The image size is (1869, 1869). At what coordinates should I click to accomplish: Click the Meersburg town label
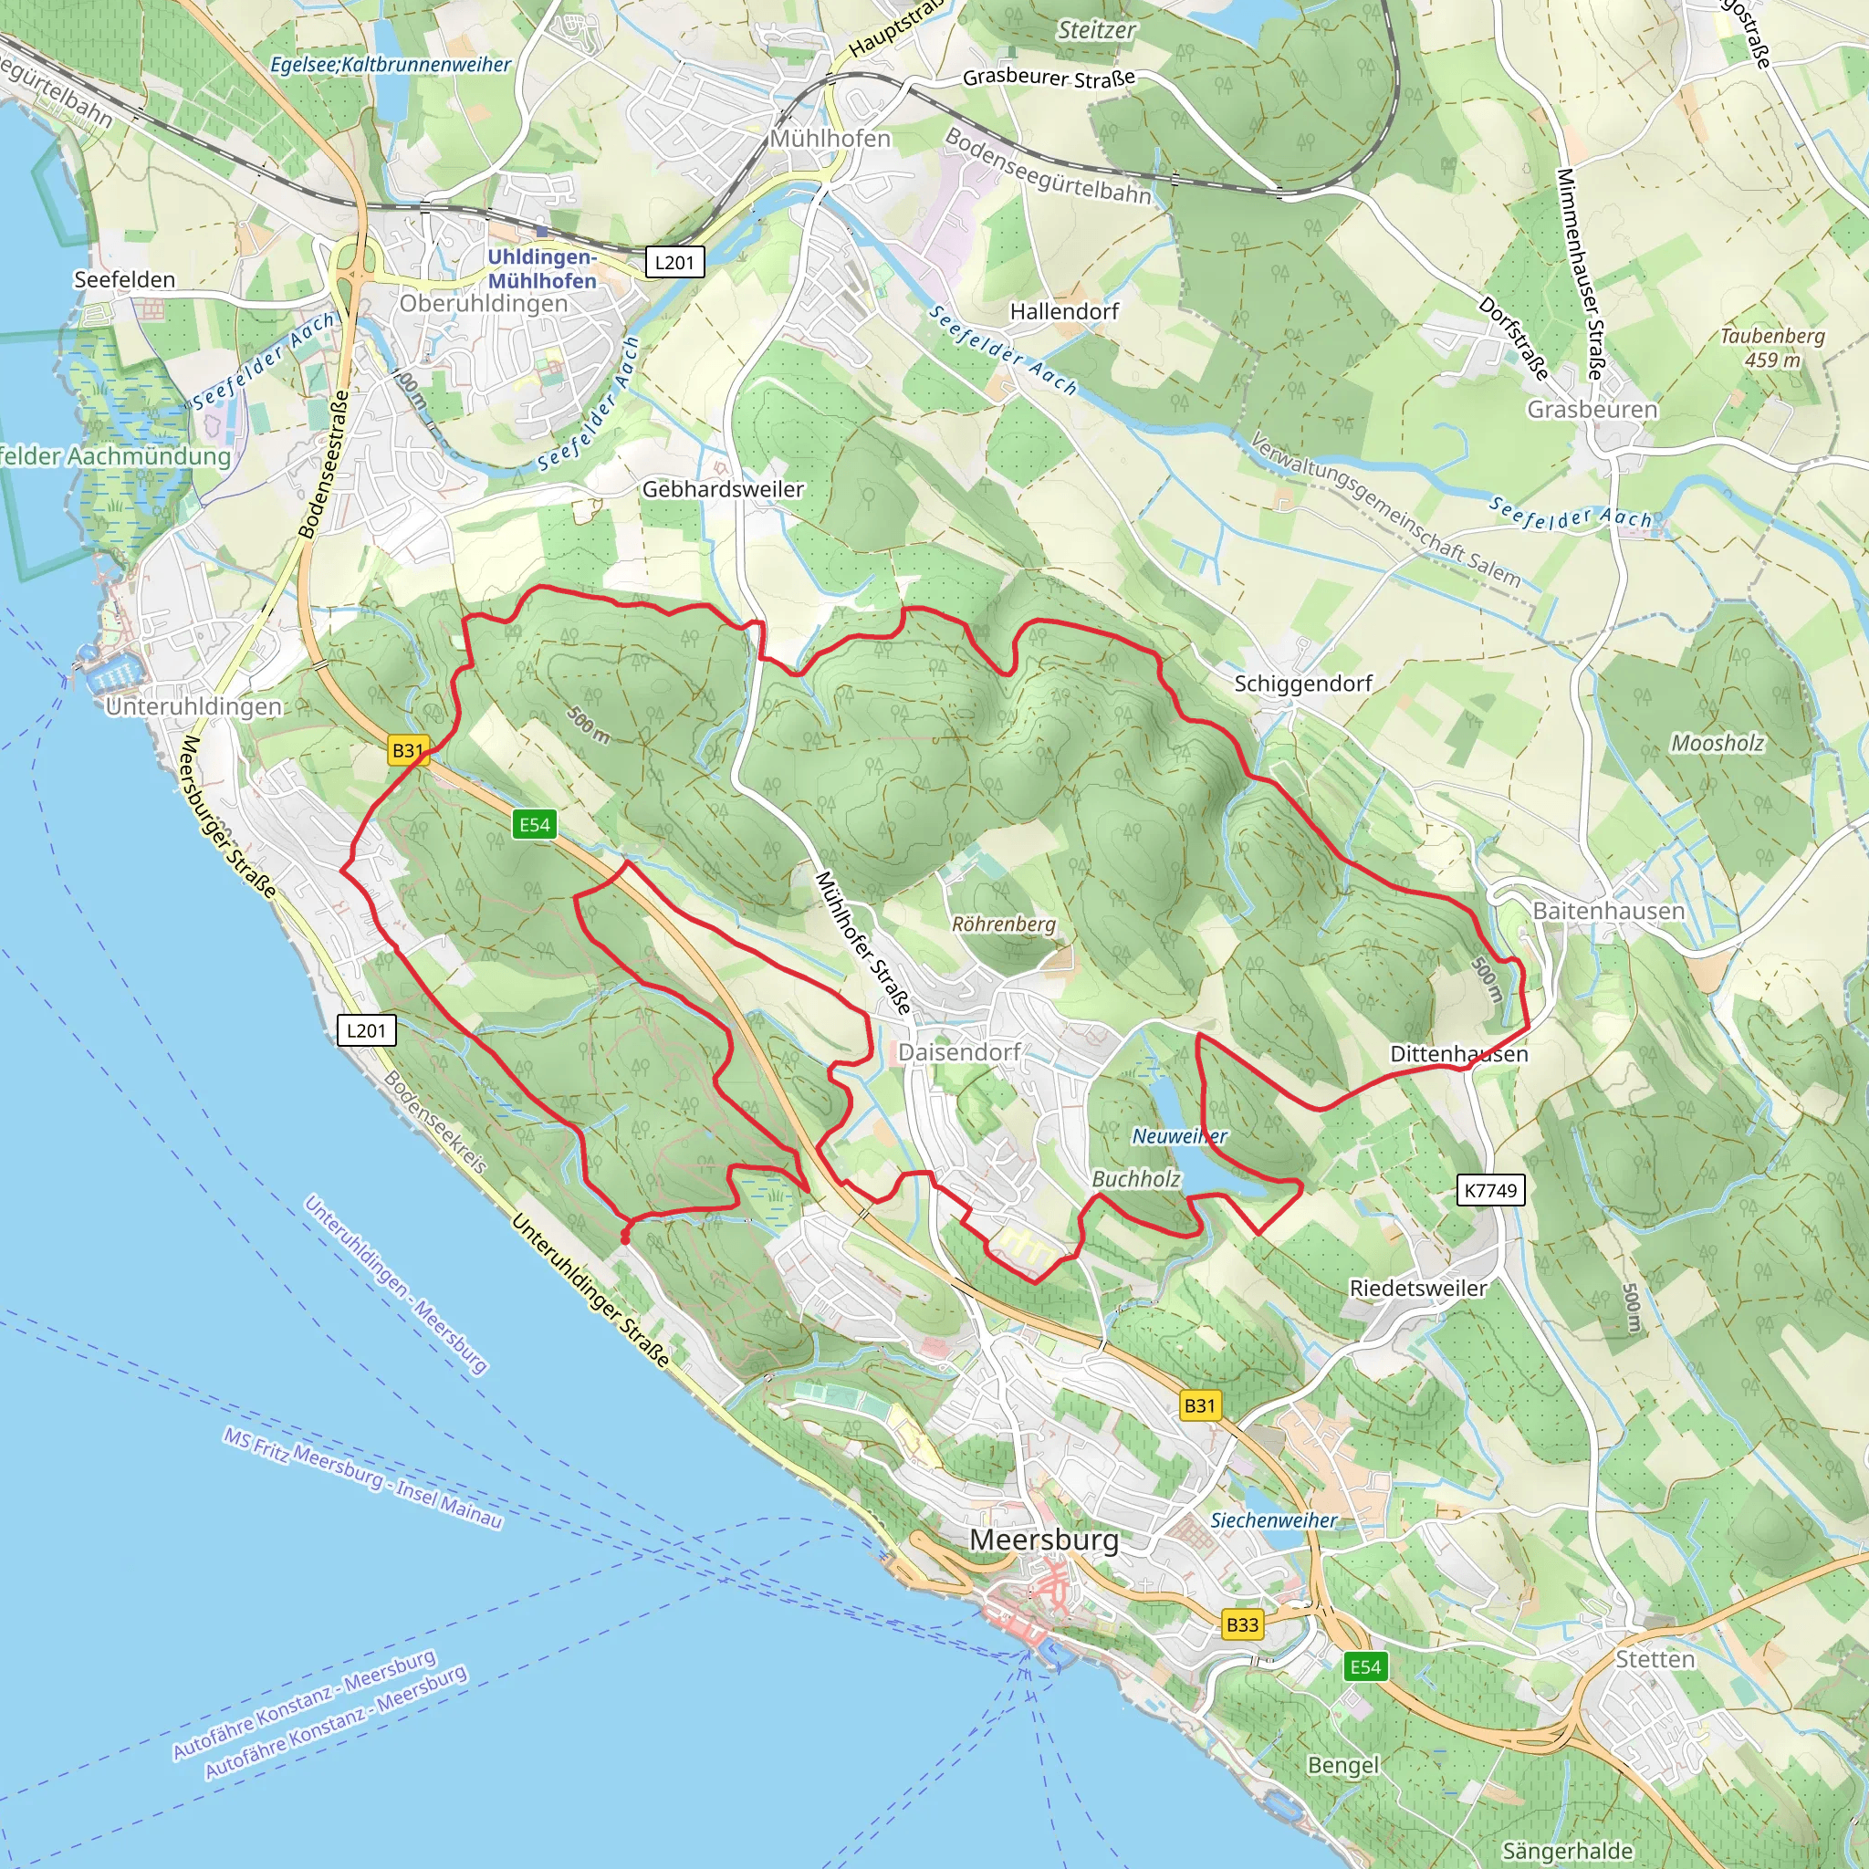coord(1044,1540)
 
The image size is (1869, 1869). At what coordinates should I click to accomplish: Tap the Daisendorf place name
coord(959,1051)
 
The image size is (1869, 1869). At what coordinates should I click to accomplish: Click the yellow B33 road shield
coord(1242,1624)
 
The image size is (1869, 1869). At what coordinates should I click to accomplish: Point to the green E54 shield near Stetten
coord(1365,1665)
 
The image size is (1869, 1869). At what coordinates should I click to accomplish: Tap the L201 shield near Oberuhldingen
coord(674,262)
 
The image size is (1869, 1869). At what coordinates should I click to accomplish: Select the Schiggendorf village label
coord(1303,683)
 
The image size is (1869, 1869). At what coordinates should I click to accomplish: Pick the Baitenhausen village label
coord(1609,910)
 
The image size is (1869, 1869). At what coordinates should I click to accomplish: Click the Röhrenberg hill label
coord(1003,924)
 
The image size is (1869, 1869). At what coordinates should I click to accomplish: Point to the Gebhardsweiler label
coord(723,489)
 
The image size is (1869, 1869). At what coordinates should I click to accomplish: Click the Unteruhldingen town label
coord(193,706)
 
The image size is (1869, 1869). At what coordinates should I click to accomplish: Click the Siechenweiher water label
coord(1273,1519)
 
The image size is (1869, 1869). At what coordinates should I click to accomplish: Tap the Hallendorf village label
coord(1064,311)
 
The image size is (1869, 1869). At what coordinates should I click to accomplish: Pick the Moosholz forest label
coord(1718,743)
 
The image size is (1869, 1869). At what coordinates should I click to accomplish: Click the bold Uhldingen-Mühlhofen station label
coord(542,269)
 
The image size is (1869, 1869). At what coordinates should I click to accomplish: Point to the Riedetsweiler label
coord(1418,1288)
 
